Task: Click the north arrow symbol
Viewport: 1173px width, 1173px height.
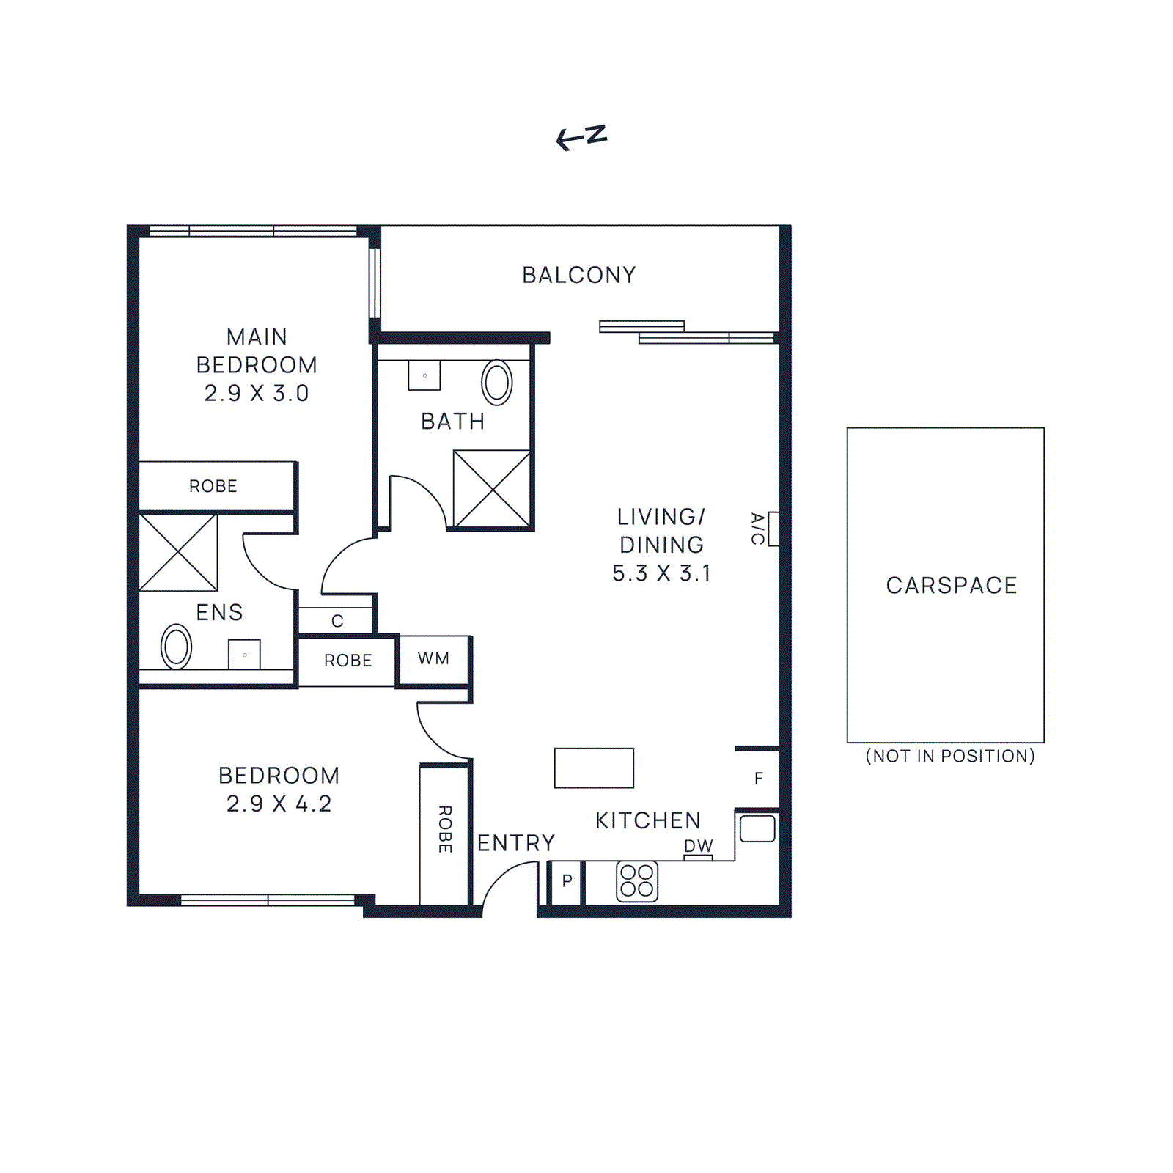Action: click(581, 137)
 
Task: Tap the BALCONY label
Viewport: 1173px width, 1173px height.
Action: click(578, 275)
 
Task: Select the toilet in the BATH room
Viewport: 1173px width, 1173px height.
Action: click(497, 383)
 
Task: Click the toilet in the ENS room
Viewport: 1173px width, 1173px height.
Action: click(176, 647)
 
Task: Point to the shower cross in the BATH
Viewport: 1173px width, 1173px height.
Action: click(491, 488)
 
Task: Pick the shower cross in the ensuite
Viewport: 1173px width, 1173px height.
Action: click(178, 553)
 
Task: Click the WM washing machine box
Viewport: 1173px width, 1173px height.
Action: click(433, 659)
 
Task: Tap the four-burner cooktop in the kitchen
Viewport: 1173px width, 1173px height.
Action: click(636, 880)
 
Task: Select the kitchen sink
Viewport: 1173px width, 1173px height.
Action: click(757, 829)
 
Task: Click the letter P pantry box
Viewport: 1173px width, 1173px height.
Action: click(567, 881)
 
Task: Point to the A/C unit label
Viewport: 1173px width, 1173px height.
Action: click(758, 529)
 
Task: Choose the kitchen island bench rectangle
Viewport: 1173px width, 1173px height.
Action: click(594, 768)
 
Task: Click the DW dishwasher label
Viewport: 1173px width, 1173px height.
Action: click(698, 846)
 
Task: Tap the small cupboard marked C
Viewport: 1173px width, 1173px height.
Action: click(337, 621)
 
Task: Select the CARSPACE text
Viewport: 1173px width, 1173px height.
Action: click(951, 585)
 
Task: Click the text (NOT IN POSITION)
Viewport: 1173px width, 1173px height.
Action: click(950, 756)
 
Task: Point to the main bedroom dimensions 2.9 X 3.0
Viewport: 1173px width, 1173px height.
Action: click(257, 394)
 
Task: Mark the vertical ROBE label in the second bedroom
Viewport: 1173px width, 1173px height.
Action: click(444, 829)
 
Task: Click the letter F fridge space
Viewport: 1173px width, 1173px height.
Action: click(759, 779)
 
